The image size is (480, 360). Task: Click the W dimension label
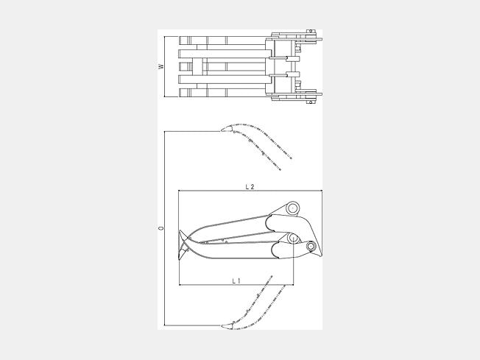pyautogui.click(x=161, y=66)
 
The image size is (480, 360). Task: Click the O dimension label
pyautogui.click(x=161, y=228)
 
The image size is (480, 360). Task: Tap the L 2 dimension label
pyautogui.click(x=250, y=187)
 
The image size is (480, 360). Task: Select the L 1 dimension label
pyautogui.click(x=236, y=280)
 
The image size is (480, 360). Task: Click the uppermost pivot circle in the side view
pyautogui.click(x=293, y=208)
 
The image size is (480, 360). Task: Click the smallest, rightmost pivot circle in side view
pyautogui.click(x=311, y=246)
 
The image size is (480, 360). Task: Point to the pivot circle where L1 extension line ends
pyautogui.click(x=293, y=238)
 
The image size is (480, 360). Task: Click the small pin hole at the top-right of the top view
pyautogui.click(x=311, y=31)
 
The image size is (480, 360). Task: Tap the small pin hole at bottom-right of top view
pyautogui.click(x=311, y=102)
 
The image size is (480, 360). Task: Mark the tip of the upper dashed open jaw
pyautogui.click(x=222, y=131)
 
